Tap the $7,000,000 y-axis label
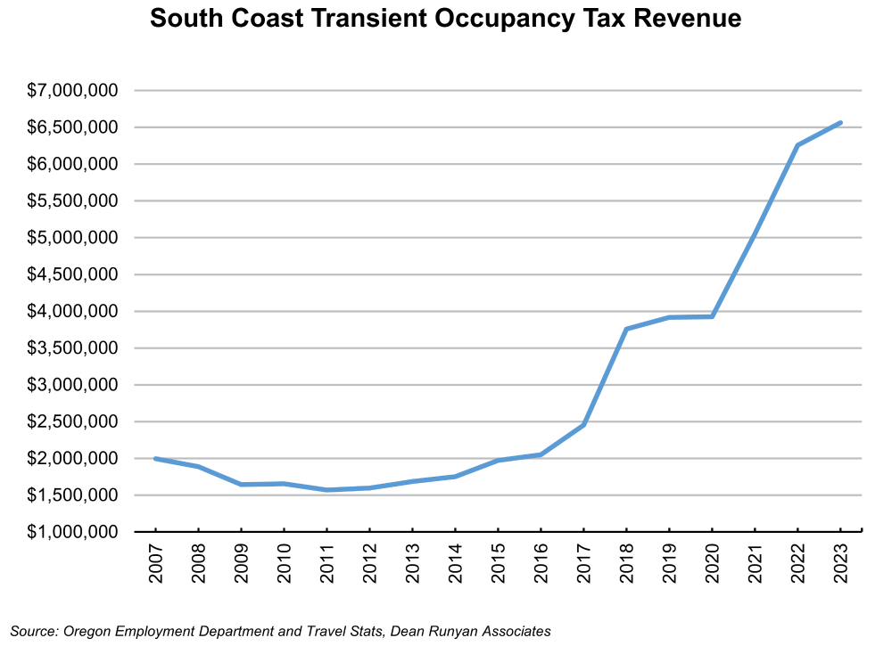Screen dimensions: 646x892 tap(73, 91)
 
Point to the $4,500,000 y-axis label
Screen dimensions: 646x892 tap(73, 274)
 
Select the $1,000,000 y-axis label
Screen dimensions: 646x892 tap(73, 532)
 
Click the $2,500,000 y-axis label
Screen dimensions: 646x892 tap(73, 421)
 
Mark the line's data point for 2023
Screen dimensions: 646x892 tap(840, 123)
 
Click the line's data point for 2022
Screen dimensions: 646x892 tap(797, 145)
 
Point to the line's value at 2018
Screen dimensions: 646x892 tap(626, 329)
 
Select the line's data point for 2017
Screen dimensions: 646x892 tap(583, 425)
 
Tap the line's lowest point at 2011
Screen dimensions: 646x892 tap(326, 490)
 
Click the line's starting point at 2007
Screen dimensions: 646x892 tap(155, 459)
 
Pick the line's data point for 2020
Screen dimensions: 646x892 tap(712, 316)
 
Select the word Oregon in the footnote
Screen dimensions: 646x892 tap(86, 631)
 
